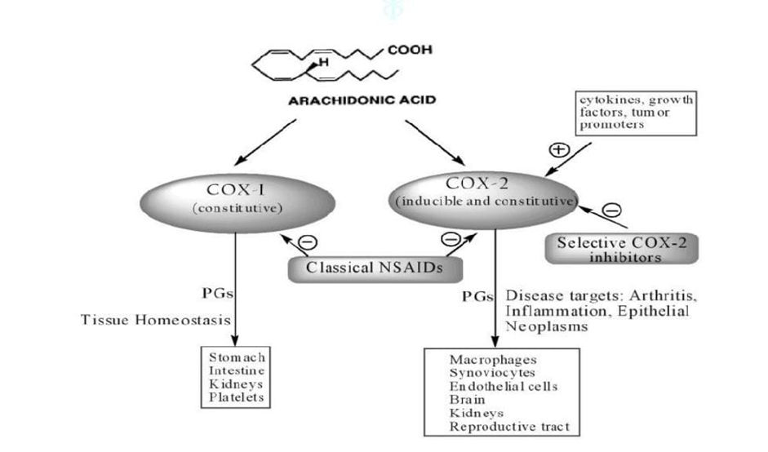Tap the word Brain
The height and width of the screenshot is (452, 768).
pos(466,400)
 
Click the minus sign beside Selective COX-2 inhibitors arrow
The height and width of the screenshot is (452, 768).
pos(610,210)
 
